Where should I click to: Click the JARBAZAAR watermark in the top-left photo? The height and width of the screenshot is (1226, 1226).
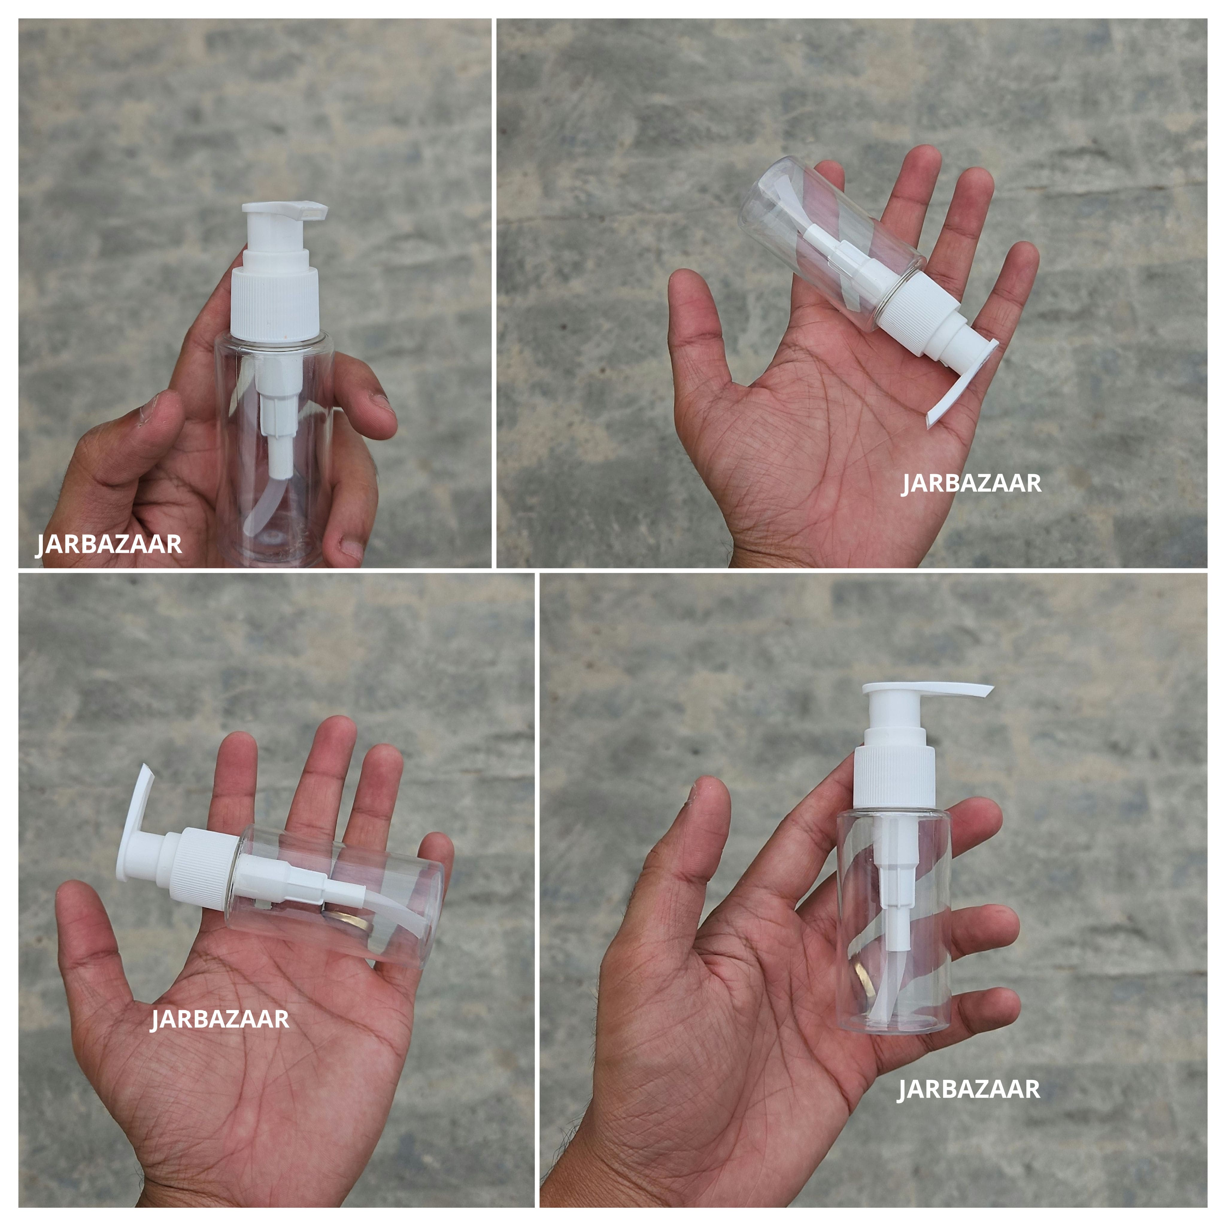109,544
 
